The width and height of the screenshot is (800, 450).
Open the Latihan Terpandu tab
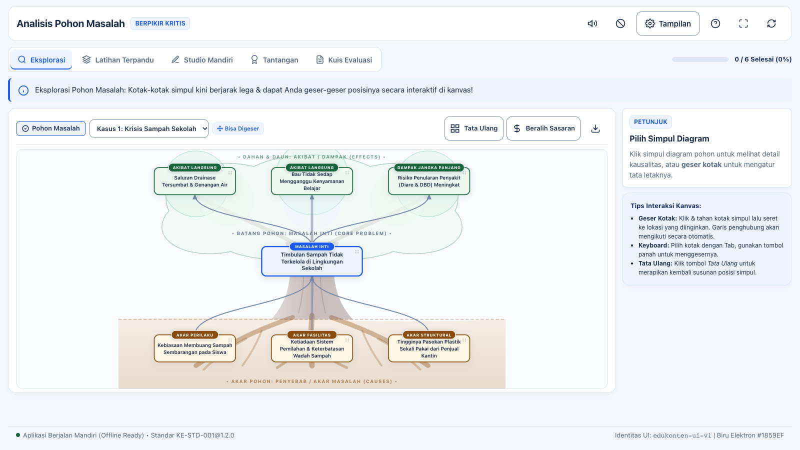pyautogui.click(x=118, y=59)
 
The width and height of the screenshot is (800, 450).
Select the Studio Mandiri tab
pyautogui.click(x=202, y=59)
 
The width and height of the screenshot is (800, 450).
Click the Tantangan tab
pyautogui.click(x=274, y=59)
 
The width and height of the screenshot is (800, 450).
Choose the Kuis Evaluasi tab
pyautogui.click(x=344, y=59)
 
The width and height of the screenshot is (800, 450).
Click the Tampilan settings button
pyautogui.click(x=667, y=23)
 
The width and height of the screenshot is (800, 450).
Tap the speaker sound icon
pyautogui.click(x=592, y=23)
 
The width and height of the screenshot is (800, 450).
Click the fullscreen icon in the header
pyautogui.click(x=743, y=23)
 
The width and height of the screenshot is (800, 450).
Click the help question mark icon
pyautogui.click(x=715, y=23)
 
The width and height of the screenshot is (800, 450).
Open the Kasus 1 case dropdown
pyautogui.click(x=149, y=128)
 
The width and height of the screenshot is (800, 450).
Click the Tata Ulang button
pyautogui.click(x=473, y=128)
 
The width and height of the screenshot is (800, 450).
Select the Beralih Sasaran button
pyautogui.click(x=543, y=128)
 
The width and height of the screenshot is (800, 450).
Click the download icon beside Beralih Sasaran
pyautogui.click(x=595, y=128)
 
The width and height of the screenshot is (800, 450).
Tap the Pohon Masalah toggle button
pyautogui.click(x=51, y=128)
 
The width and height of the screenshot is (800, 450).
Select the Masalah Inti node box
pyautogui.click(x=312, y=261)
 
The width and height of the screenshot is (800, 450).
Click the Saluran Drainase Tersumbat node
pyautogui.click(x=194, y=181)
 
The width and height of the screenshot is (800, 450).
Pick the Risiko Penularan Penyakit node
pyautogui.click(x=429, y=181)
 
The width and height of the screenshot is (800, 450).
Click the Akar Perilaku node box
pyautogui.click(x=194, y=348)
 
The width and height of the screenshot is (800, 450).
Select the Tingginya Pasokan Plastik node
pyautogui.click(x=429, y=348)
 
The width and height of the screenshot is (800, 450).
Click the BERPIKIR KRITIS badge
pyautogui.click(x=160, y=23)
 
